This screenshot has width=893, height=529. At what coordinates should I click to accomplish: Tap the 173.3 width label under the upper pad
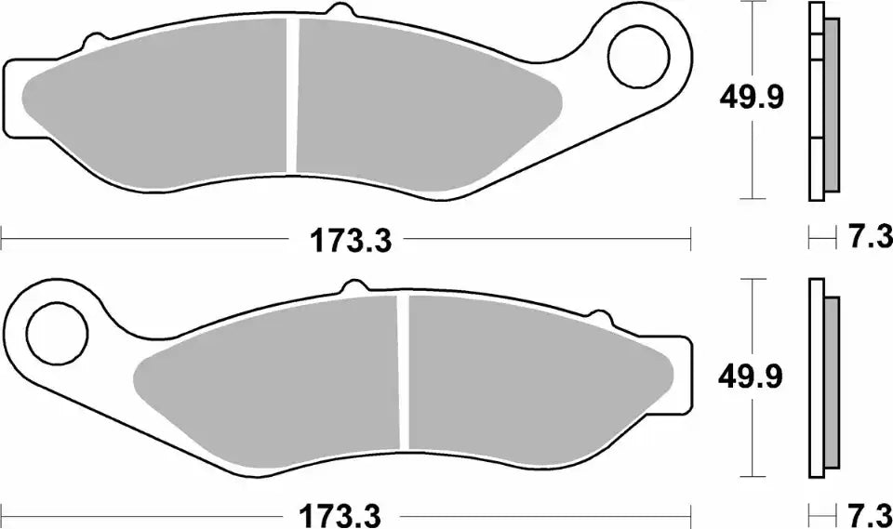pos(345,243)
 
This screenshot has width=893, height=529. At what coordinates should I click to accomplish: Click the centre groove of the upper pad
pos(293,97)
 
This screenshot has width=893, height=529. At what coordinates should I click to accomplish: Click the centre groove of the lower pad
pos(405,372)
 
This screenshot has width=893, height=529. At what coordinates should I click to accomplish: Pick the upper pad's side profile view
pos(822,102)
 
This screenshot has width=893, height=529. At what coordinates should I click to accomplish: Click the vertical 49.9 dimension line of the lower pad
pos(752,437)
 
